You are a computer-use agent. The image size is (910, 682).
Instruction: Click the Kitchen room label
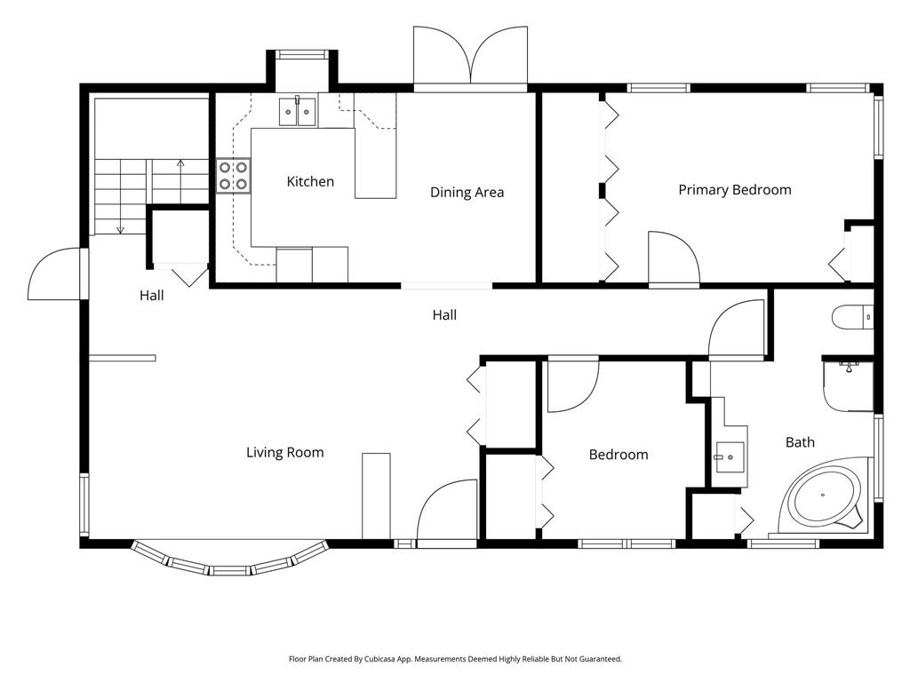pos(310,181)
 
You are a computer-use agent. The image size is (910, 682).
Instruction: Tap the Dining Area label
pos(467,193)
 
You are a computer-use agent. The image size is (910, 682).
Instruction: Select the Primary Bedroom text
pos(735,190)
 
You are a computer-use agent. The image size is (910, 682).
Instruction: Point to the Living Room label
pos(285,452)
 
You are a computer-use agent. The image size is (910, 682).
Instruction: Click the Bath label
pos(800,442)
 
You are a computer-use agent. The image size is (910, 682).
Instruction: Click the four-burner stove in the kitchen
pos(234,176)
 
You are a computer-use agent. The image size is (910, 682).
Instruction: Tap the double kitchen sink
pos(297,111)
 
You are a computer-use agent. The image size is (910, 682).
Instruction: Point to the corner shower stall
pos(848,385)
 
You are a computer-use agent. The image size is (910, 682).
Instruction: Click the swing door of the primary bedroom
pos(674,259)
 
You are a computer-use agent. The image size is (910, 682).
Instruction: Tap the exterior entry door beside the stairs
pos(57,274)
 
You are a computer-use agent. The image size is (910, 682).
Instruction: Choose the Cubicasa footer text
pos(455,659)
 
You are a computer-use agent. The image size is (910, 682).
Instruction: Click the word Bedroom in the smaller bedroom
pos(619,455)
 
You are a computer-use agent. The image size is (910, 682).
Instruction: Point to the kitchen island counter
pos(376,163)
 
